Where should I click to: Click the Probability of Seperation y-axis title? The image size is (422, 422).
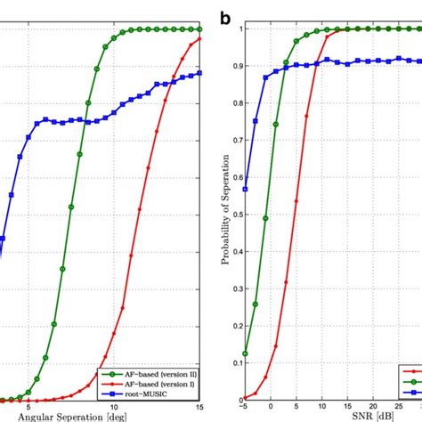pos(219,214)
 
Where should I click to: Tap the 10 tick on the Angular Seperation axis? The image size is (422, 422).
pos(101,407)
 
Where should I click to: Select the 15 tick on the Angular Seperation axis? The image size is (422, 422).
pos(200,407)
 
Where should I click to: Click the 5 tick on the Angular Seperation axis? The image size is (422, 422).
pos(28,407)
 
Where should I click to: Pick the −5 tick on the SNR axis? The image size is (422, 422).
pos(245,407)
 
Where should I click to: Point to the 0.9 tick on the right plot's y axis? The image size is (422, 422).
pos(234,66)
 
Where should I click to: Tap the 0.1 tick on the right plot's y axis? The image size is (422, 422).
pos(234,362)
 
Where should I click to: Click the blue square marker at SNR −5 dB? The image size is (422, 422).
pos(245,189)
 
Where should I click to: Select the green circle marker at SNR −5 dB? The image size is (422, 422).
pos(245,353)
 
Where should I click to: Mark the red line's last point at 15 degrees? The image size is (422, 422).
pos(200,38)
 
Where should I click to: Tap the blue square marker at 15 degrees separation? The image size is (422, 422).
pos(200,73)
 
